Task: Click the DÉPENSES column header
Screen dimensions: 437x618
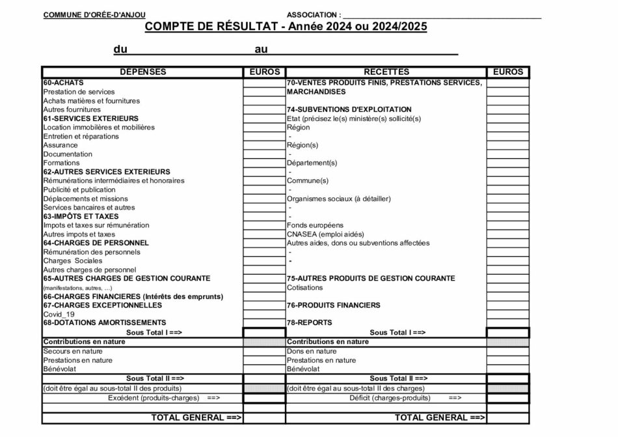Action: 142,72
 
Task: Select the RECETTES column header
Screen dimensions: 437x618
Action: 386,72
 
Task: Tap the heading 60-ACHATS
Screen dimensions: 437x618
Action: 59,83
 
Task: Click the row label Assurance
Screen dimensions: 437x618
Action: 60,145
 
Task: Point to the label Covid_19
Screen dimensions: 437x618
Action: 59,314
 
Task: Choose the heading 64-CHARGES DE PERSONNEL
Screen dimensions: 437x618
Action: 96,243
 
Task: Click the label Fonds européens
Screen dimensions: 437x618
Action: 315,225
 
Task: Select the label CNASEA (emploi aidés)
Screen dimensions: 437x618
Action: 325,234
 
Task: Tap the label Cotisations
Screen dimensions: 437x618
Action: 304,287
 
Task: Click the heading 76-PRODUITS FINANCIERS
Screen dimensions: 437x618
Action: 333,305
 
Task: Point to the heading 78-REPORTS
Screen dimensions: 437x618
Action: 309,322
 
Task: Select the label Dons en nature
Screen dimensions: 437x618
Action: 312,351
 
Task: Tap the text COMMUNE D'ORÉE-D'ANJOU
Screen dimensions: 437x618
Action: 94,15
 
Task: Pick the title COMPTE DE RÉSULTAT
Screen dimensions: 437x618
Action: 211,27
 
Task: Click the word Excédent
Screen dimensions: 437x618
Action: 124,397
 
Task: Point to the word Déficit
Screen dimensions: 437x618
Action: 364,397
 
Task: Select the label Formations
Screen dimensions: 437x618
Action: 61,163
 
